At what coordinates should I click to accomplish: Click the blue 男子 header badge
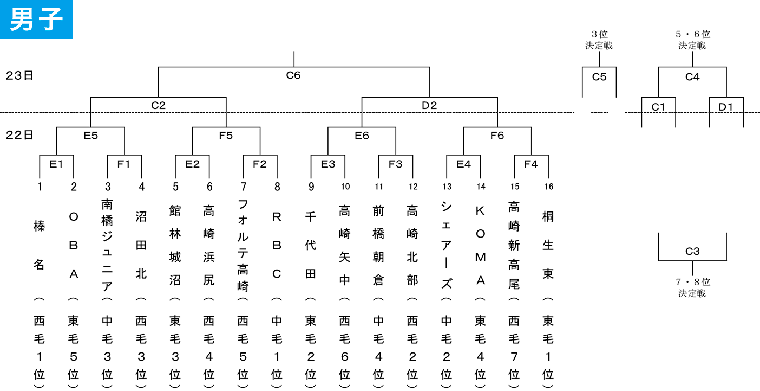coord(36,20)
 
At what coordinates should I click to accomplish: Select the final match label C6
coord(293,75)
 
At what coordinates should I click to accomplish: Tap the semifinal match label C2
coord(158,105)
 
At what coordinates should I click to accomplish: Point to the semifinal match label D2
coord(429,105)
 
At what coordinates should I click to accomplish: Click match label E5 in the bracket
coord(90,136)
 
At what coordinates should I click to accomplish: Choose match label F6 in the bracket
coord(497,136)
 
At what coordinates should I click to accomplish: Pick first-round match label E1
coord(56,164)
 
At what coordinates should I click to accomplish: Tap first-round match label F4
coord(531,164)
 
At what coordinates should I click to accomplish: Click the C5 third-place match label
coord(599,77)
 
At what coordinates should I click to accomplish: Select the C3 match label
coord(692,251)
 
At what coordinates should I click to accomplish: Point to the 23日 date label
coord(19,75)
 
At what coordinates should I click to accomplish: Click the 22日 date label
coord(19,135)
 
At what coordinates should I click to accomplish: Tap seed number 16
coord(549,187)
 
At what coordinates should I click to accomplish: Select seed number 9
coord(311,187)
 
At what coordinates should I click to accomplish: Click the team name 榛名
coord(39,245)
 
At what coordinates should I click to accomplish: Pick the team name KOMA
coord(480,246)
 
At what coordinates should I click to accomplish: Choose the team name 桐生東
coord(548,245)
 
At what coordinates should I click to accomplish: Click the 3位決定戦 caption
coord(599,40)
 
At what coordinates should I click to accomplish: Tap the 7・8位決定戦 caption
coord(692,287)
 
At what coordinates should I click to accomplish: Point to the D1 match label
coord(726,107)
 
